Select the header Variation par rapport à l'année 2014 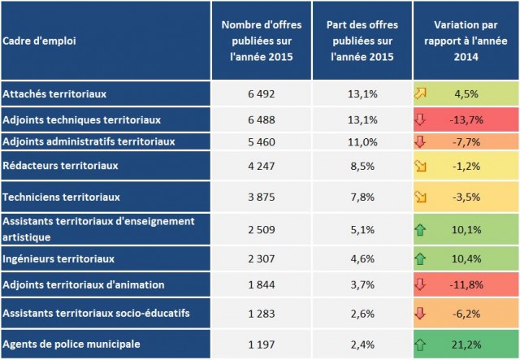(x=466, y=41)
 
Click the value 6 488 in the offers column (x=262, y=119)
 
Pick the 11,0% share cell (x=362, y=141)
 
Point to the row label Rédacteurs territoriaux (x=61, y=165)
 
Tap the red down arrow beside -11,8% (x=421, y=284)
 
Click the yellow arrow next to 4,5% (x=421, y=93)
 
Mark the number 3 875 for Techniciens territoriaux (x=262, y=197)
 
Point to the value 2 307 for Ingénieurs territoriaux (x=262, y=258)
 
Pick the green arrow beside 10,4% (x=421, y=258)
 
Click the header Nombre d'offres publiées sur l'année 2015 (x=262, y=41)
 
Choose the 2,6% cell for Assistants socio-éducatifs (x=362, y=313)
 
